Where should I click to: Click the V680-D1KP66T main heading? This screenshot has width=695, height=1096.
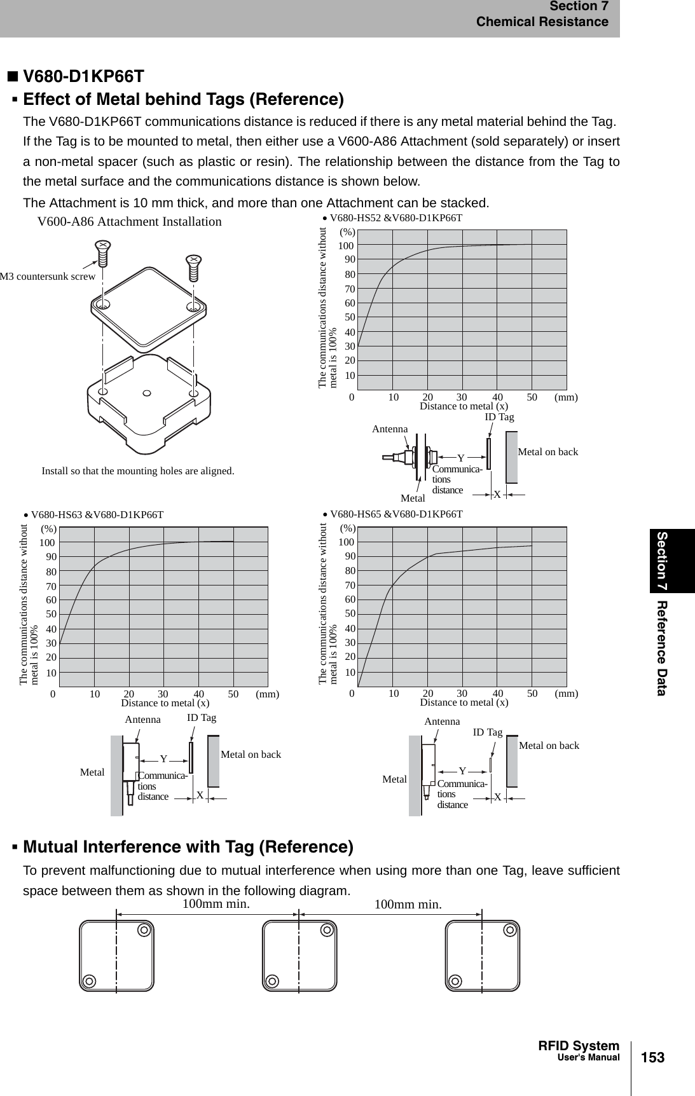coord(83,77)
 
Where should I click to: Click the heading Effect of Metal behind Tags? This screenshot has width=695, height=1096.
coord(183,100)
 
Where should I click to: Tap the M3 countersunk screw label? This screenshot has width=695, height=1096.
coord(48,276)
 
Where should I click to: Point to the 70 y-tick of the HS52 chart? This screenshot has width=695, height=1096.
coord(349,289)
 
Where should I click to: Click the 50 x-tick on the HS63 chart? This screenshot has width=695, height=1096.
coord(233,694)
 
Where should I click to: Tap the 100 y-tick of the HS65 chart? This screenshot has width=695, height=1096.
coord(346,542)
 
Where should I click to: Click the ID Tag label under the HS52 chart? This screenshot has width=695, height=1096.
coord(499,417)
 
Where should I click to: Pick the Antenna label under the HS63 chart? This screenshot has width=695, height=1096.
coord(142,720)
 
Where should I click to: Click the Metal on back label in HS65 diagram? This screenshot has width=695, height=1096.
coord(549,745)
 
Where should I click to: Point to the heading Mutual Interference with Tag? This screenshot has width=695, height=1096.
coord(188,847)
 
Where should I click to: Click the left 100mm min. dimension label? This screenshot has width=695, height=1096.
coord(216,903)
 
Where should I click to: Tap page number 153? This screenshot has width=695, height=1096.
coord(652,1058)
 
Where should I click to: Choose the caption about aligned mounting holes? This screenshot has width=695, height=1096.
coord(137,471)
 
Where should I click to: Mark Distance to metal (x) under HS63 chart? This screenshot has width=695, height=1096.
coord(165,703)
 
